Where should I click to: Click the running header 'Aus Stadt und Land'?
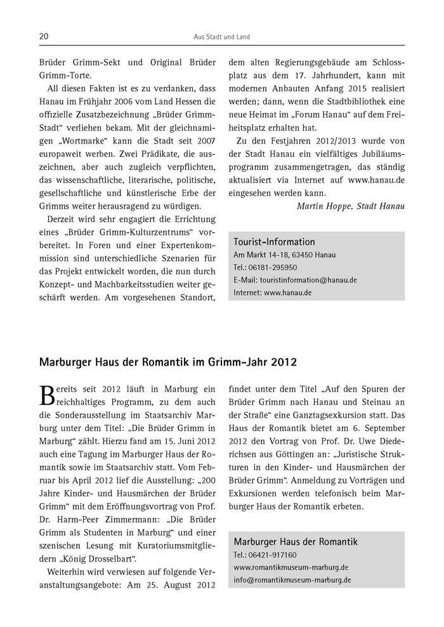click(x=221, y=37)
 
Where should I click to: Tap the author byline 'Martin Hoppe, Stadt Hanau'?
click(x=350, y=205)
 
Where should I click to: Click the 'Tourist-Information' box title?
click(x=274, y=242)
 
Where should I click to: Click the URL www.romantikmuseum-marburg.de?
click(x=291, y=567)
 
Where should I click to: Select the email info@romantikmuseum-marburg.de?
click(x=293, y=579)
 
